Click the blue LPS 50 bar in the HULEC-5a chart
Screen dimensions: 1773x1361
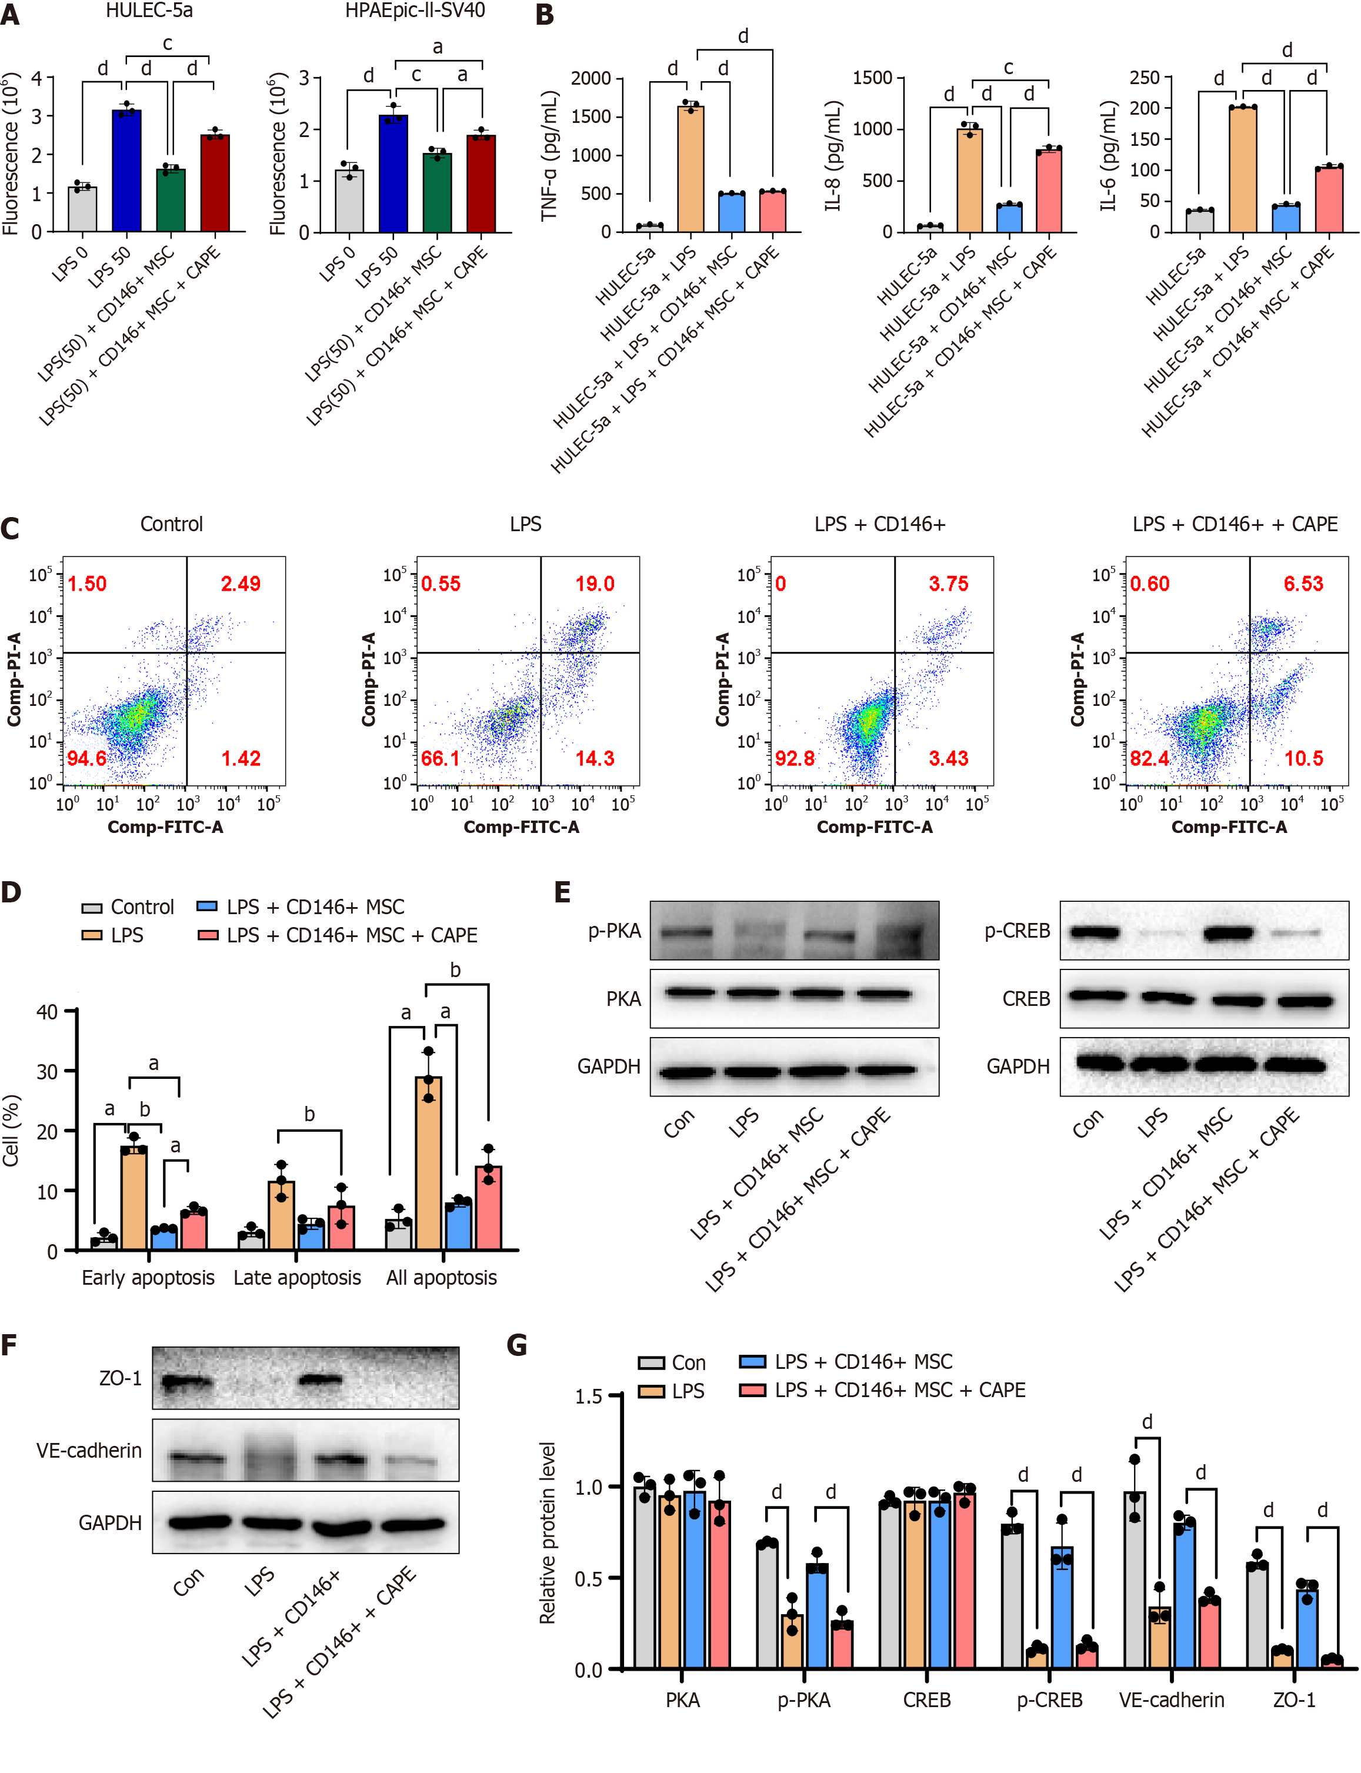[x=126, y=171]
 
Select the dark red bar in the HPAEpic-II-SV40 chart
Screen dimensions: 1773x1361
[x=481, y=184]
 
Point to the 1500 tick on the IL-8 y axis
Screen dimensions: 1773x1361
[x=872, y=78]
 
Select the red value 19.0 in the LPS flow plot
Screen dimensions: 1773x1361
[x=595, y=584]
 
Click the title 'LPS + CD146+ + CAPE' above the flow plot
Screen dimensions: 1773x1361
[x=1235, y=524]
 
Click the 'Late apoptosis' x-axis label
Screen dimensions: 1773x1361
[x=297, y=1277]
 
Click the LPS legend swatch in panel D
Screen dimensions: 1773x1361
[x=92, y=935]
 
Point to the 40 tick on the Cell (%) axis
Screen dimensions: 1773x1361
[x=47, y=1011]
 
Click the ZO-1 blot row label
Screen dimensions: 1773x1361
[x=120, y=1378]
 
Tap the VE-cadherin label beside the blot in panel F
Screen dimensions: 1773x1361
[x=89, y=1451]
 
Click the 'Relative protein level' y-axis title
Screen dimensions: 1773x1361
[x=548, y=1532]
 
